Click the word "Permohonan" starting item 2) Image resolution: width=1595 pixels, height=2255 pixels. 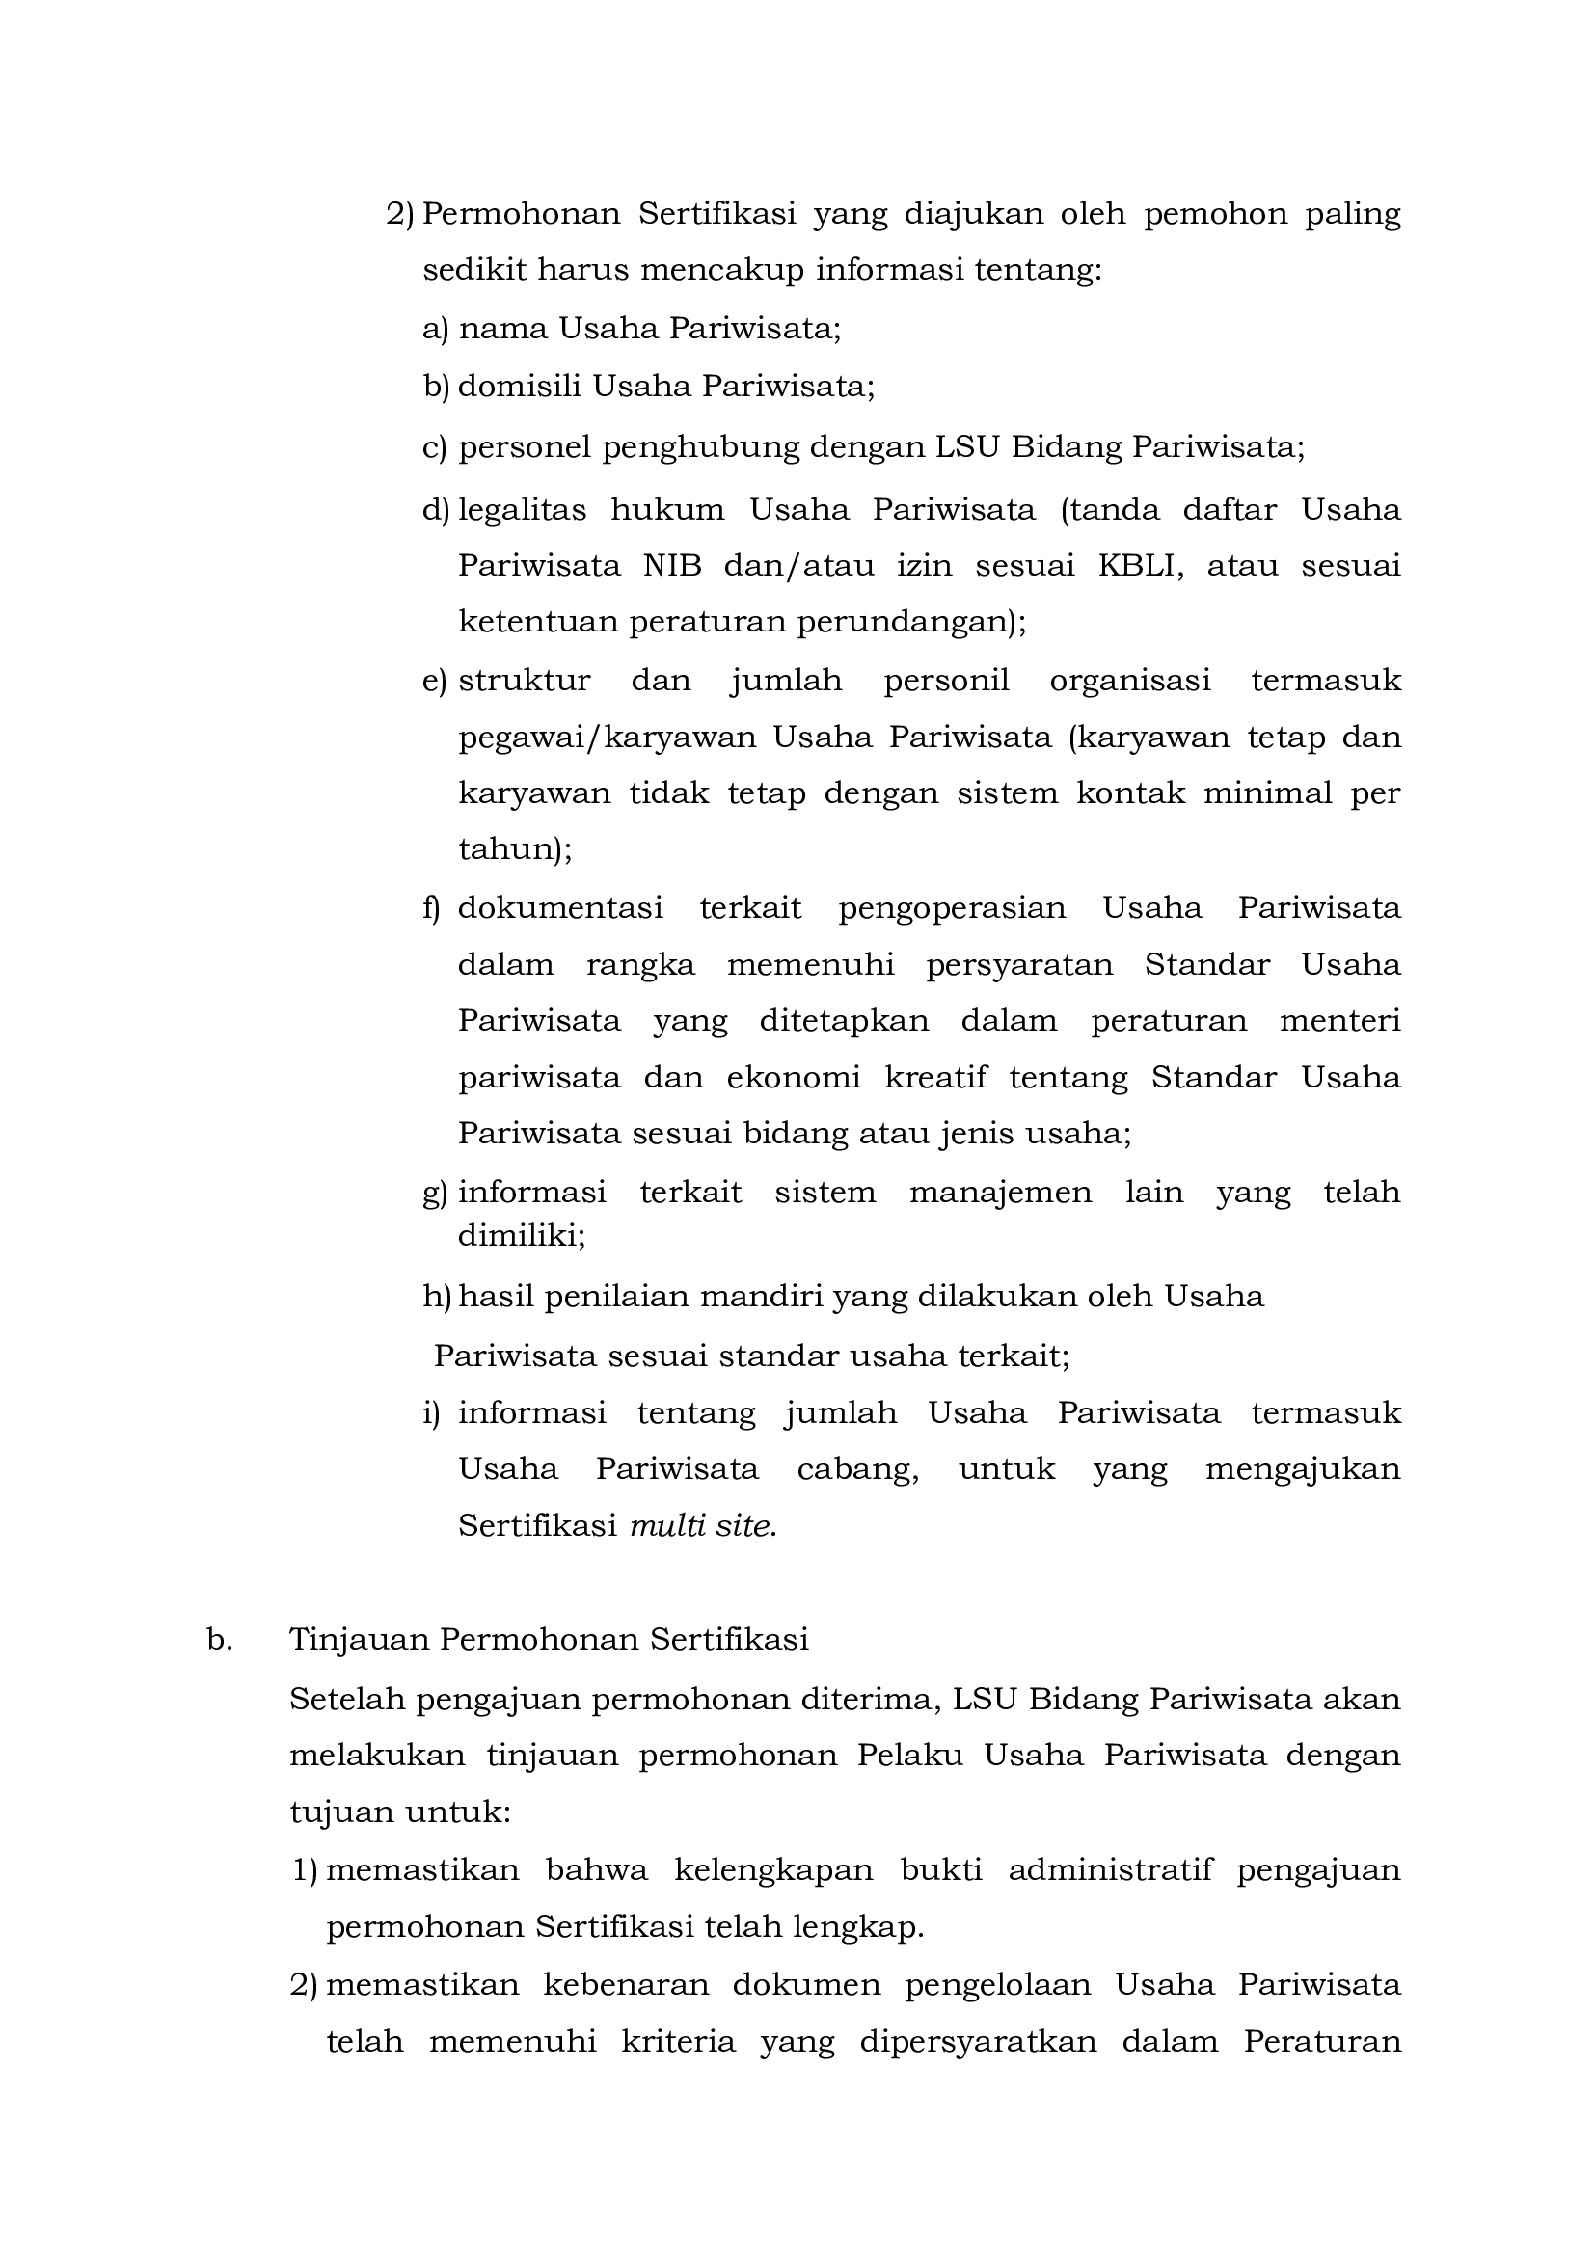tap(521, 214)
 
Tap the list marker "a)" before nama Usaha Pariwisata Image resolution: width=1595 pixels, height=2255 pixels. tap(434, 329)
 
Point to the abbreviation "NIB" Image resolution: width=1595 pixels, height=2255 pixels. tap(673, 567)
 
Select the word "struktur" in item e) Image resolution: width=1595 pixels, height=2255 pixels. tap(525, 681)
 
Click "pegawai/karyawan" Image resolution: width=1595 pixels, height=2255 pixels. tap(607, 738)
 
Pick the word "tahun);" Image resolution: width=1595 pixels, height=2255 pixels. tap(515, 849)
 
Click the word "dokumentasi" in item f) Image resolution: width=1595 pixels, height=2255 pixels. tap(560, 907)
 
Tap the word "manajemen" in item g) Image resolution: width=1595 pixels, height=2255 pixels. tap(1000, 1193)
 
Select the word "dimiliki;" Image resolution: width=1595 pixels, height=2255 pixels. tap(522, 1236)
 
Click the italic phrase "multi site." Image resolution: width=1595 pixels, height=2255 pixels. tap(702, 1526)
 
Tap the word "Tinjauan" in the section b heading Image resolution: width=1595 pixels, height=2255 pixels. tap(359, 1640)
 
